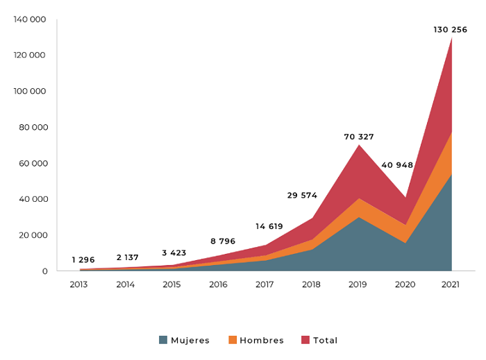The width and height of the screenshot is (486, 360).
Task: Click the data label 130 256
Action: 450,29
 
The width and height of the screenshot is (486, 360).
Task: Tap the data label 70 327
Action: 359,137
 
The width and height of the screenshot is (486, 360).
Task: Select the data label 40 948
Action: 397,165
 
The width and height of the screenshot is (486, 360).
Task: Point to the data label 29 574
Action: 302,196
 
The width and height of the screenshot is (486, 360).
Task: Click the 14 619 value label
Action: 269,226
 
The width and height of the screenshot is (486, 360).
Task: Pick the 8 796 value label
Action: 223,241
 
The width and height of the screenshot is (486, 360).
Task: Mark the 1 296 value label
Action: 83,259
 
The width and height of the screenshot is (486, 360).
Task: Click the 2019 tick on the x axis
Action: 358,284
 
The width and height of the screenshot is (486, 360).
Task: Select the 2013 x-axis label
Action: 79,284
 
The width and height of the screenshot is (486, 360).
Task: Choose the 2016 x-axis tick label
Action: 219,284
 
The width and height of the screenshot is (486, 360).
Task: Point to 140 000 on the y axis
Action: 30,19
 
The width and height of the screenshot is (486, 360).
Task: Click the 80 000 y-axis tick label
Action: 32,127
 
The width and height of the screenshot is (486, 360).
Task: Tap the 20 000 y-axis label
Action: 32,235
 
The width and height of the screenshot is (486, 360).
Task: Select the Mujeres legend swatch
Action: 163,340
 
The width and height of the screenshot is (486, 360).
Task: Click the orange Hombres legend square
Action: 233,340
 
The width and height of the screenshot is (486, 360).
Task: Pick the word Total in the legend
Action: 325,341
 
